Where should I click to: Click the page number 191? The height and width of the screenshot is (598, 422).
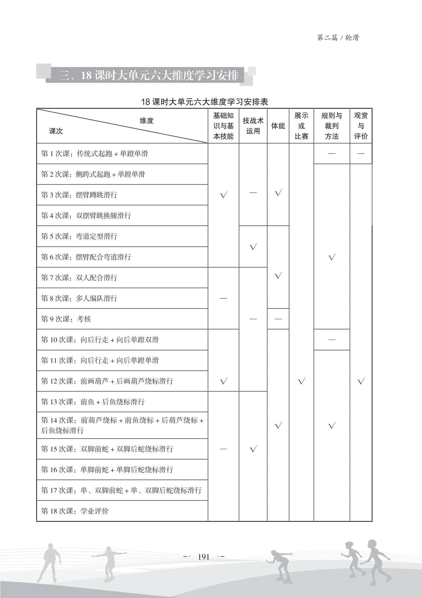coord(204,557)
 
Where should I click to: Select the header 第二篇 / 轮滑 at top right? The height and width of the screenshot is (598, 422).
coord(338,38)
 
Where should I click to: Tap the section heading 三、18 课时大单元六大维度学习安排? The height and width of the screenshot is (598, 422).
coord(148,76)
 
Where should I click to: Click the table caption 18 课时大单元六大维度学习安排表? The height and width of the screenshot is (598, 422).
coord(205,102)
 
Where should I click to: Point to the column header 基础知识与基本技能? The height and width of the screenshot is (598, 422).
coord(223,126)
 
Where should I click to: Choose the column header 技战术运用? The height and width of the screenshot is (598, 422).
coord(253,126)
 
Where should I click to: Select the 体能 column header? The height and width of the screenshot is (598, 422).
coord(278,126)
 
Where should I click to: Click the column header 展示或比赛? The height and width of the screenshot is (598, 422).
coord(301,126)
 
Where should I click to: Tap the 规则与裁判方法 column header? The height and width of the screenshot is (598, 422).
coord(332,126)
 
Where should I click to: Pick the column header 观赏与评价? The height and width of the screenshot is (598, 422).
coord(361,126)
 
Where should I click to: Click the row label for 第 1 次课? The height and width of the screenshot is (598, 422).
coord(94,154)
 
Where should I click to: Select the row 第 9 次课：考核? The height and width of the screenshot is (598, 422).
coord(66,319)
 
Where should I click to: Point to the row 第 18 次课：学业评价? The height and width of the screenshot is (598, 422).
coord(75,511)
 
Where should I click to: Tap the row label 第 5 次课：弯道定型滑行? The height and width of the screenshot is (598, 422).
coord(79,236)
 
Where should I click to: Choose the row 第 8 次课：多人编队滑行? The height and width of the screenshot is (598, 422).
coord(79,299)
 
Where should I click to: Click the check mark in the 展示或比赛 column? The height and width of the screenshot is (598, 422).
coord(302,381)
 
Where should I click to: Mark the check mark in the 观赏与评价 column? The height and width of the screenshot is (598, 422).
coord(361,381)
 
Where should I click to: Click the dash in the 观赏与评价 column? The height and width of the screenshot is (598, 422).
coord(361,154)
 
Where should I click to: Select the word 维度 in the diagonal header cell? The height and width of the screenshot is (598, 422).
coord(146,121)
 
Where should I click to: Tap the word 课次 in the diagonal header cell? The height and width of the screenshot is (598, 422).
coord(56,131)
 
